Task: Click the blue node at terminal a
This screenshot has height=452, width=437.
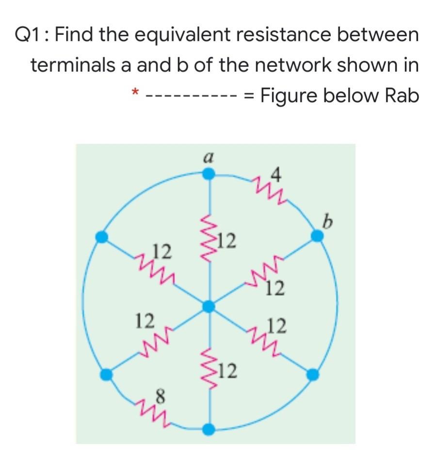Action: [209, 174]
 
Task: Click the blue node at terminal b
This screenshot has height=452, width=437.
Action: [317, 236]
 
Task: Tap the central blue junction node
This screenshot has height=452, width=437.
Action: [209, 306]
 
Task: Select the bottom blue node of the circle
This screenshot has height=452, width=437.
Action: [209, 429]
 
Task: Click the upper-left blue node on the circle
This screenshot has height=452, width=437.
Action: [101, 237]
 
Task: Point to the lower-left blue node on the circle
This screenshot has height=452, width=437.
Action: [105, 374]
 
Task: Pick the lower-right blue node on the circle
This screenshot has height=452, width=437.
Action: [313, 374]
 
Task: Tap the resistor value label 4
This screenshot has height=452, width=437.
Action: [276, 174]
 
